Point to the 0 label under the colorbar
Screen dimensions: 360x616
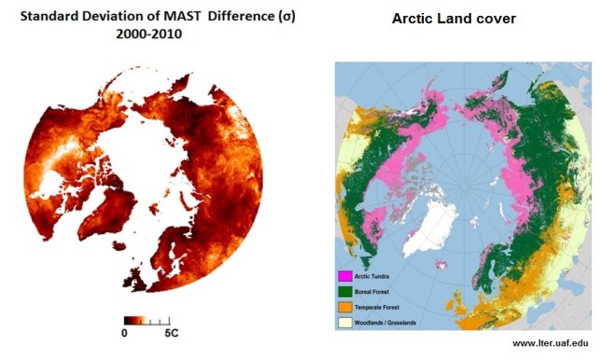[124, 333]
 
